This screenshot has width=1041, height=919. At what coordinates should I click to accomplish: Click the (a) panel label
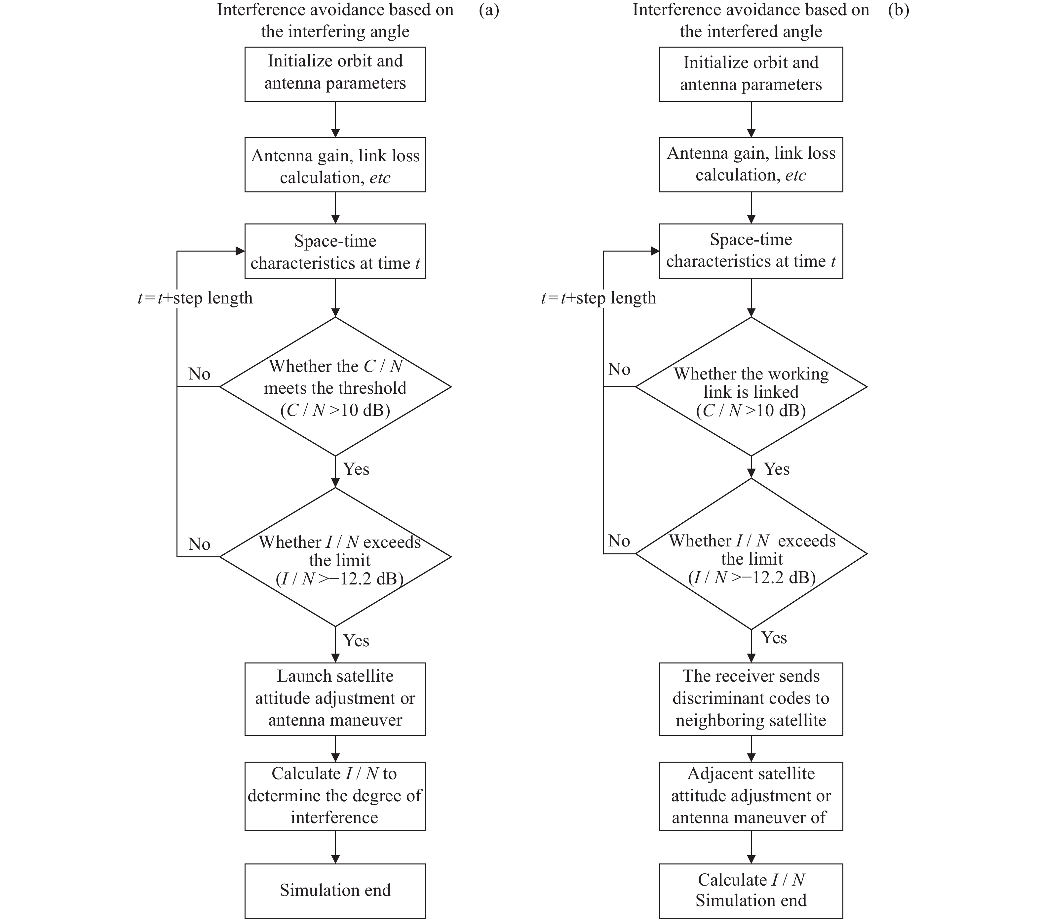tap(488, 10)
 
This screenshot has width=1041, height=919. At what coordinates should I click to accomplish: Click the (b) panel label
tap(898, 10)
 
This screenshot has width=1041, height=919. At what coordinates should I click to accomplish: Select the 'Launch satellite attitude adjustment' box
tap(335, 699)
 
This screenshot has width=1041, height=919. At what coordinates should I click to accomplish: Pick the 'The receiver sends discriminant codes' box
tap(751, 699)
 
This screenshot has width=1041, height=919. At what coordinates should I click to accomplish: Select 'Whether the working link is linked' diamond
tap(751, 387)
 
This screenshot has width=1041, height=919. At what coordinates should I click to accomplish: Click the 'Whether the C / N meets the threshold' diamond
tap(335, 387)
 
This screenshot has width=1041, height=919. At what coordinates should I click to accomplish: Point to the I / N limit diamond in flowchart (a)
tap(335, 557)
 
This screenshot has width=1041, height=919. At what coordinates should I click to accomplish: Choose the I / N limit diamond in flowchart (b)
tap(751, 554)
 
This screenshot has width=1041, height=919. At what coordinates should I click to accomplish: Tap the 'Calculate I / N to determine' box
tap(335, 796)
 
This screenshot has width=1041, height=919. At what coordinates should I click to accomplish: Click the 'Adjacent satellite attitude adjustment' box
tap(751, 796)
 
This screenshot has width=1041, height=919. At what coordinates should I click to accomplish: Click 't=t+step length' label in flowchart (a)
tap(195, 298)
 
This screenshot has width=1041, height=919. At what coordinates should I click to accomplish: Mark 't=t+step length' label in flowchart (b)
tap(598, 298)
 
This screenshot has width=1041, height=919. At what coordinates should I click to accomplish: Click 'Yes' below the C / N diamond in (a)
tap(356, 469)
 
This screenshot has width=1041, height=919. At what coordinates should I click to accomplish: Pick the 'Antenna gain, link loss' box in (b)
tap(751, 165)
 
